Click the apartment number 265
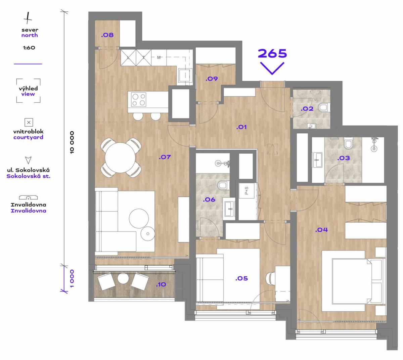point(272,53)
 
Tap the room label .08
point(107,35)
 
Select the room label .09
point(212,79)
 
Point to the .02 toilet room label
point(307,108)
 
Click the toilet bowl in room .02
point(324,107)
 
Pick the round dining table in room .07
point(120,158)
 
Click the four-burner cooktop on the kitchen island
point(139,100)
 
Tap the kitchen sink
point(185,75)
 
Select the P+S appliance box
point(247,190)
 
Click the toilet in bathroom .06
point(223,185)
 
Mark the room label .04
point(321,230)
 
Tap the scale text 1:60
point(29,48)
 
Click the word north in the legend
point(30,35)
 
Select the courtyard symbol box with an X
point(29,122)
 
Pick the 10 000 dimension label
point(72,142)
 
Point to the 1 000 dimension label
point(72,278)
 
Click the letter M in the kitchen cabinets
point(159,57)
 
